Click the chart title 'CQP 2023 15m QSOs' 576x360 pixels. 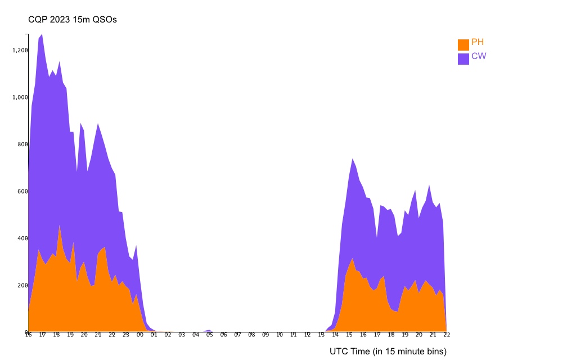[x=73, y=20]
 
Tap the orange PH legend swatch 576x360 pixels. [x=463, y=44]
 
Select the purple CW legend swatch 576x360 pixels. [x=463, y=59]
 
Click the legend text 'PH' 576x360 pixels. [x=478, y=43]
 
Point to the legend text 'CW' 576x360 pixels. [x=479, y=57]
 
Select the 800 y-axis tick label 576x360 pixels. [x=22, y=144]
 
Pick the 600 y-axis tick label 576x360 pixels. [x=22, y=191]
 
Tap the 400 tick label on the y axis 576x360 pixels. [x=22, y=238]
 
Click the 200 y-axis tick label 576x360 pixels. [x=22, y=285]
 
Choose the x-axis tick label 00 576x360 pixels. [x=139, y=335]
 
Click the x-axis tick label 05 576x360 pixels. [x=209, y=335]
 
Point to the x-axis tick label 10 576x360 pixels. [x=279, y=335]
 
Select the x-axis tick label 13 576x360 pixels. [x=321, y=335]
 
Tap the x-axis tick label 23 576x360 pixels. [x=125, y=335]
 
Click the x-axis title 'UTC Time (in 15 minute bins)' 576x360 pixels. [x=388, y=352]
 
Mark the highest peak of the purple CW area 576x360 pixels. [x=42, y=35]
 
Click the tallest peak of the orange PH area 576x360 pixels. [x=60, y=226]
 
